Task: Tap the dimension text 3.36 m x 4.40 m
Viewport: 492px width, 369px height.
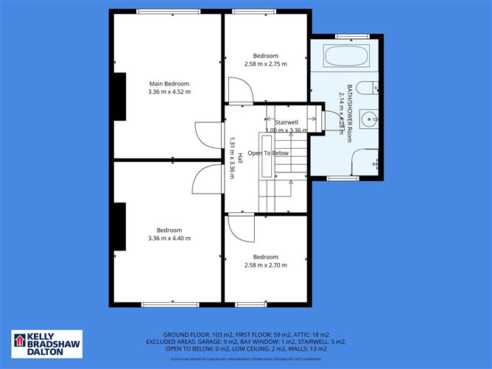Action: tap(169, 238)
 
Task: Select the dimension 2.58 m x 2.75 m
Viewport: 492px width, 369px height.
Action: tap(266, 64)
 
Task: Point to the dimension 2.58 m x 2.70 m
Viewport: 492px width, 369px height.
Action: tap(266, 265)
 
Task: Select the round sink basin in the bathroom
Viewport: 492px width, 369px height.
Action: tap(370, 118)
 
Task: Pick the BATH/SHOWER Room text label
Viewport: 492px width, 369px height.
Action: tap(351, 110)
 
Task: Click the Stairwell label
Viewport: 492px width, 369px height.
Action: tap(286, 122)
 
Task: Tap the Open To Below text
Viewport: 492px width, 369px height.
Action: tap(268, 153)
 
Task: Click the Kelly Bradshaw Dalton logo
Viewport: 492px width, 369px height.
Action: tap(47, 345)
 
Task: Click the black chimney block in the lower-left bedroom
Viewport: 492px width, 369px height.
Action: tap(118, 225)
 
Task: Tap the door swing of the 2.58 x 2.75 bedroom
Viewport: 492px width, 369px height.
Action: tap(240, 91)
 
